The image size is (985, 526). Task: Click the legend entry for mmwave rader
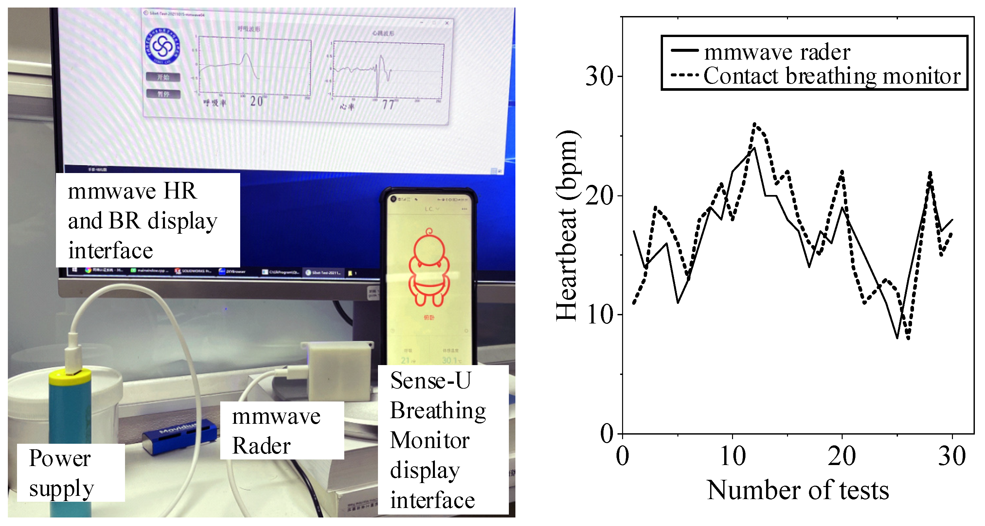pos(776,52)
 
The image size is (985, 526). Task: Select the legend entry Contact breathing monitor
pos(832,76)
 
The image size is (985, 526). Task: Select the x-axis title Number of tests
pos(797,490)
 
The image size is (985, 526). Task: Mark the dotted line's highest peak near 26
pos(754,124)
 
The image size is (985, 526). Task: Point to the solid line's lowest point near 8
pos(897,338)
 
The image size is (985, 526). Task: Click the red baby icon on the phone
pos(429,268)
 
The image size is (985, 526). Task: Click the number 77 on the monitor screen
pos(388,105)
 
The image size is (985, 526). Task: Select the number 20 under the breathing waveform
pos(256,102)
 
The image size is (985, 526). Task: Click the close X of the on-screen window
pos(447,23)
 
